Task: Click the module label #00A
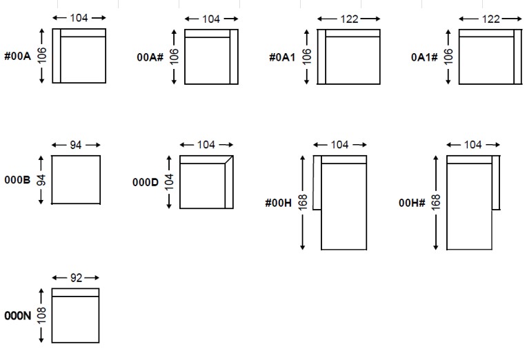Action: click(17, 56)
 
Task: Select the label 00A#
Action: click(150, 57)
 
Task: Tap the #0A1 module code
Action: click(282, 57)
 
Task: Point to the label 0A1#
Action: click(424, 57)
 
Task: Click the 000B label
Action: click(17, 180)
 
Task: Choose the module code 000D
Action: click(145, 182)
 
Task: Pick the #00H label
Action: click(278, 203)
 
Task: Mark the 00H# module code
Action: click(412, 203)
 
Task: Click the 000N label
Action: click(17, 316)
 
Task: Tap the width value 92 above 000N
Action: click(77, 278)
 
